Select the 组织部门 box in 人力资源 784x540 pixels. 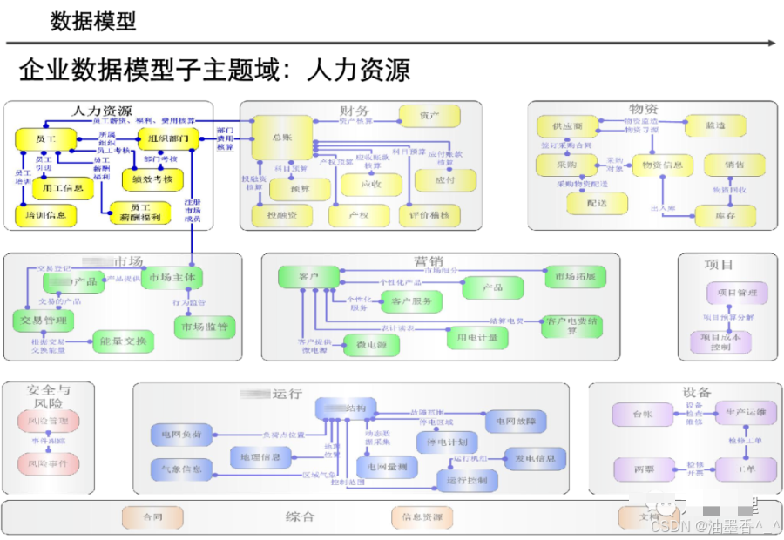click(x=168, y=139)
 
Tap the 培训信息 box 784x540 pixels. click(x=45, y=213)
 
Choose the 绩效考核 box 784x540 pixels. click(x=152, y=180)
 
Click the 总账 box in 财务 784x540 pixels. click(x=281, y=138)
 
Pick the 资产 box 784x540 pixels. click(x=429, y=115)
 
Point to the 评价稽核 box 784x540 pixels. click(x=429, y=214)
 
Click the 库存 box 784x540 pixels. click(x=725, y=214)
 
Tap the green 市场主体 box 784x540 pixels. click(x=172, y=278)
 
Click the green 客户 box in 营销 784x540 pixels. click(x=308, y=277)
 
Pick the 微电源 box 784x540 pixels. click(x=371, y=346)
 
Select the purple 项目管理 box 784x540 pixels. click(x=736, y=293)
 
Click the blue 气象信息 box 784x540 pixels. click(x=180, y=469)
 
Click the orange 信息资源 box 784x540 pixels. click(x=422, y=517)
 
